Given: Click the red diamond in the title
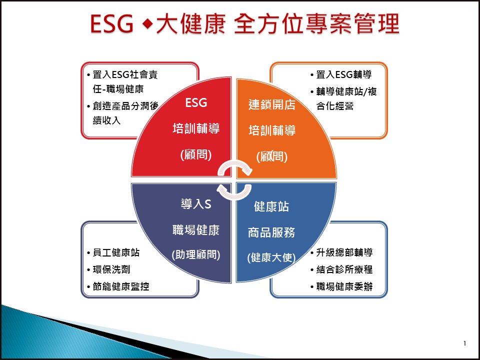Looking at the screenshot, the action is point(147,24).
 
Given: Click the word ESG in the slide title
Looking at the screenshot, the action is point(111,24).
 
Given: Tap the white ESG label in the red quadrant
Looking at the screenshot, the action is point(196,103).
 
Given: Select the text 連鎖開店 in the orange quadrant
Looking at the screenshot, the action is point(272,104).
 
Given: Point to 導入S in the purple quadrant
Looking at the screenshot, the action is point(196,204).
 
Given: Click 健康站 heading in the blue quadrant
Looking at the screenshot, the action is point(271,206).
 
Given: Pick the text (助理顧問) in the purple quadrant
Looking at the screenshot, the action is point(196,254).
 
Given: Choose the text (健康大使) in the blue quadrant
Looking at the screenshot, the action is point(271,257).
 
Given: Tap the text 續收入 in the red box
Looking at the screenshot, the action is point(107,120).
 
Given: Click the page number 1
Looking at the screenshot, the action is point(464,343).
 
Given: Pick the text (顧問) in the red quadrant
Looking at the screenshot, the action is point(196,154).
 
